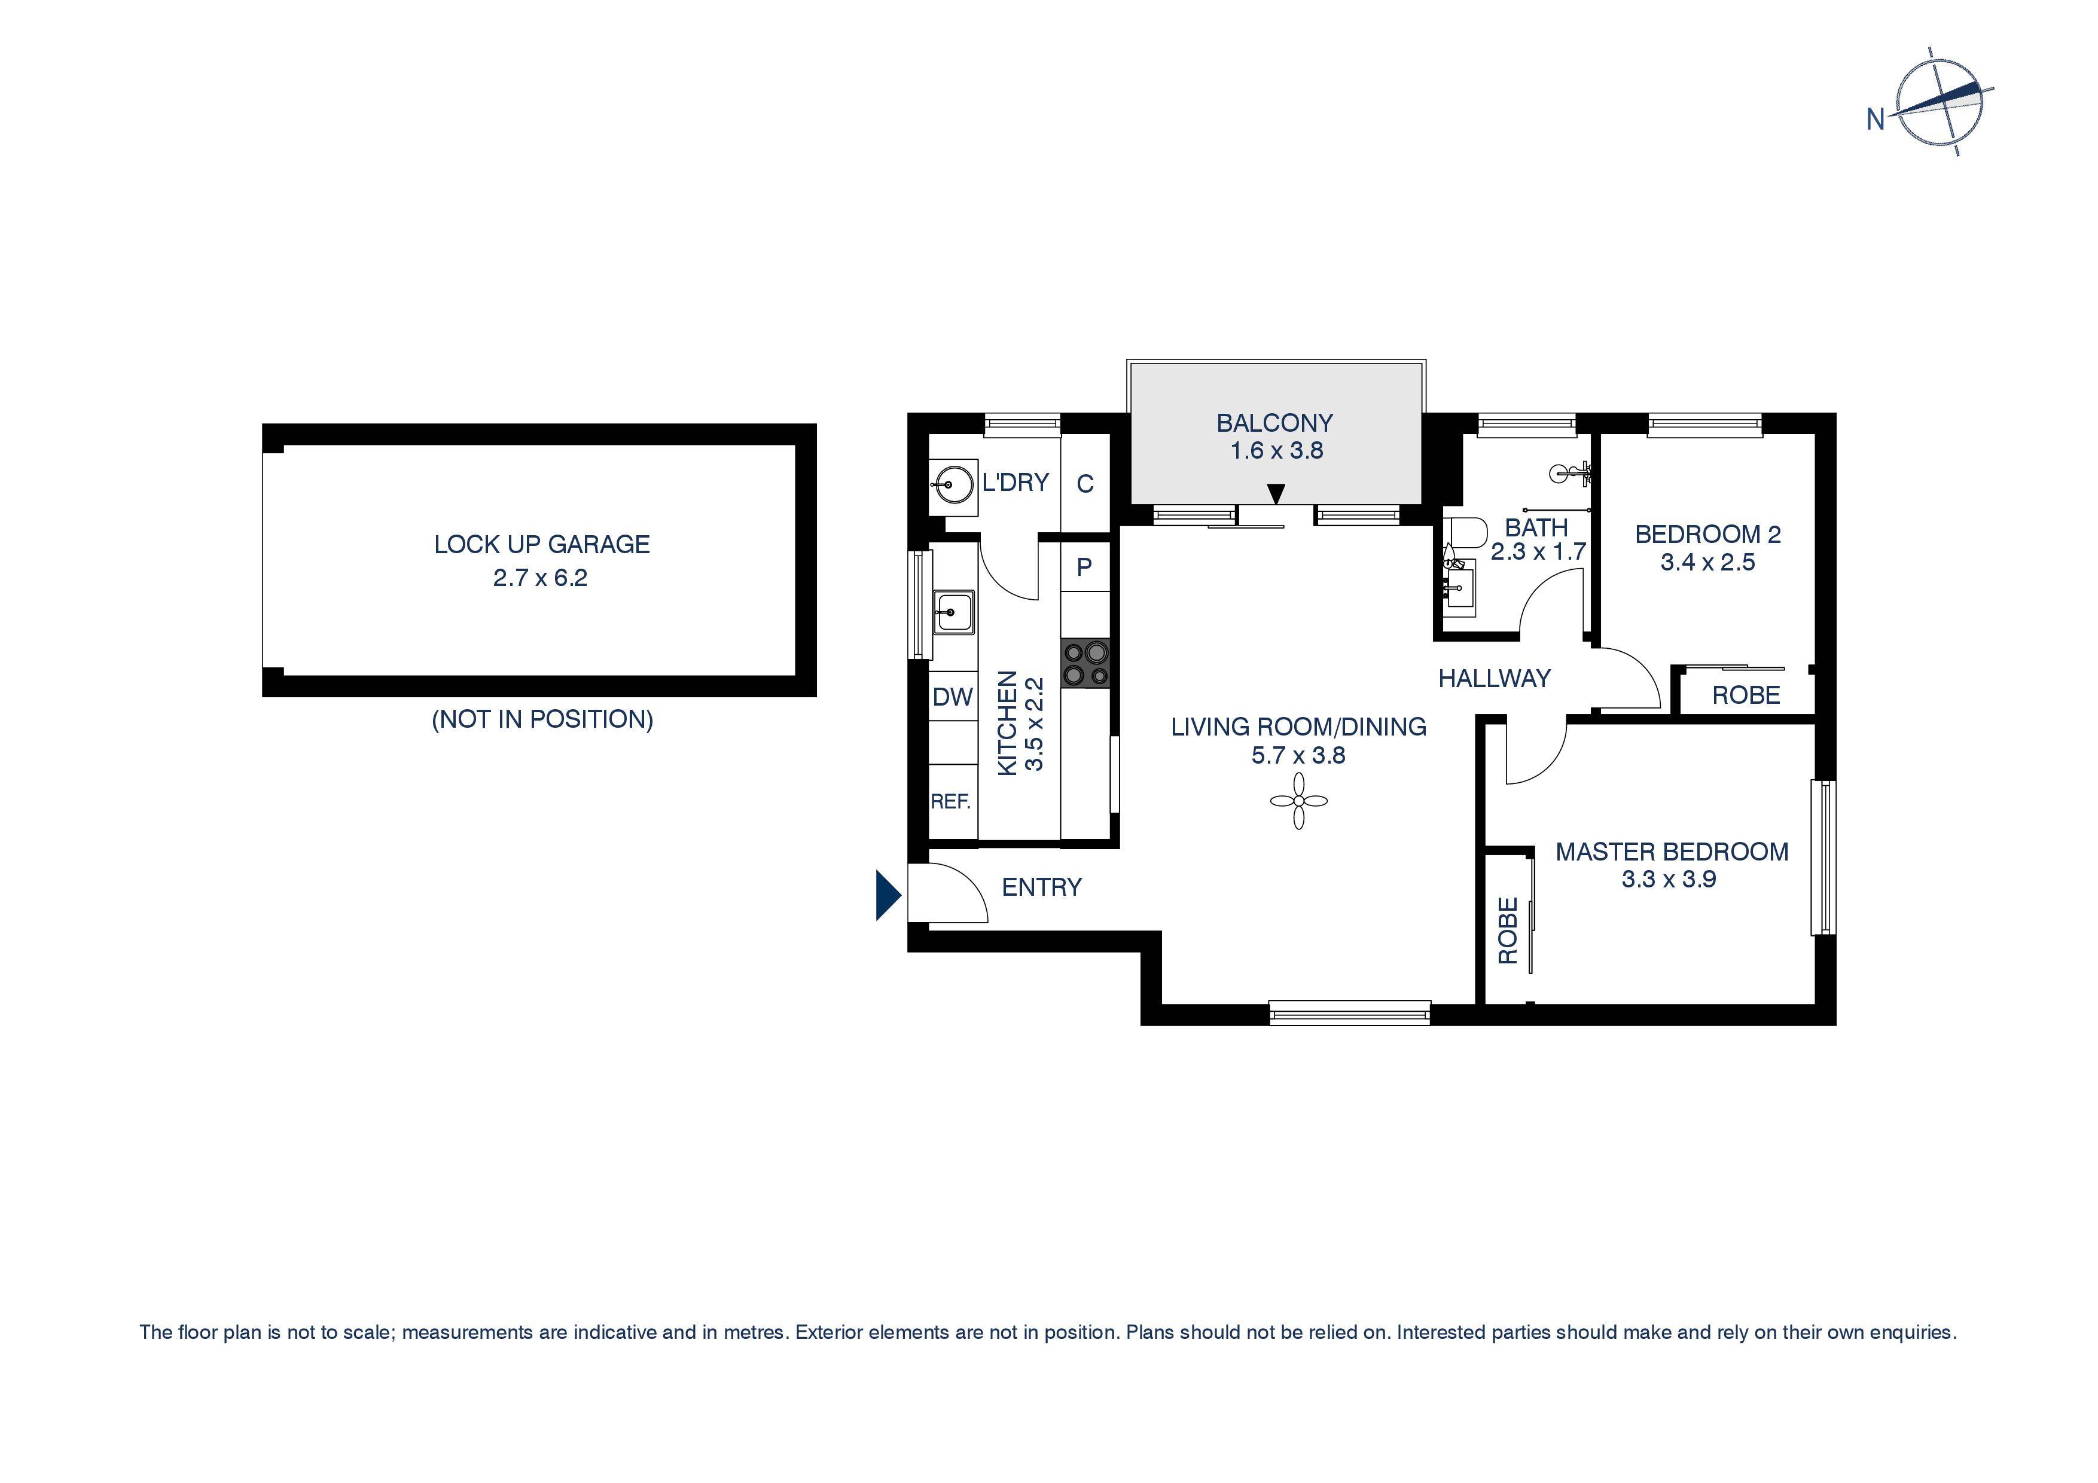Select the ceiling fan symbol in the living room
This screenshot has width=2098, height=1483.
(x=1298, y=801)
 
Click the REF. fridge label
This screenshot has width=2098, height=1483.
(x=950, y=801)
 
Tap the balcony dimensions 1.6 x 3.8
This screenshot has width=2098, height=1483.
(x=1276, y=450)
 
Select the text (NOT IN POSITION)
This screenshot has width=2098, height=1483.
(x=542, y=719)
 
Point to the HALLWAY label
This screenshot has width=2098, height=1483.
(x=1494, y=678)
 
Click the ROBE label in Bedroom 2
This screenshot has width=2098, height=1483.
(x=1745, y=695)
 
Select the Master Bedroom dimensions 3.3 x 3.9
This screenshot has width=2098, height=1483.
(x=1669, y=879)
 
